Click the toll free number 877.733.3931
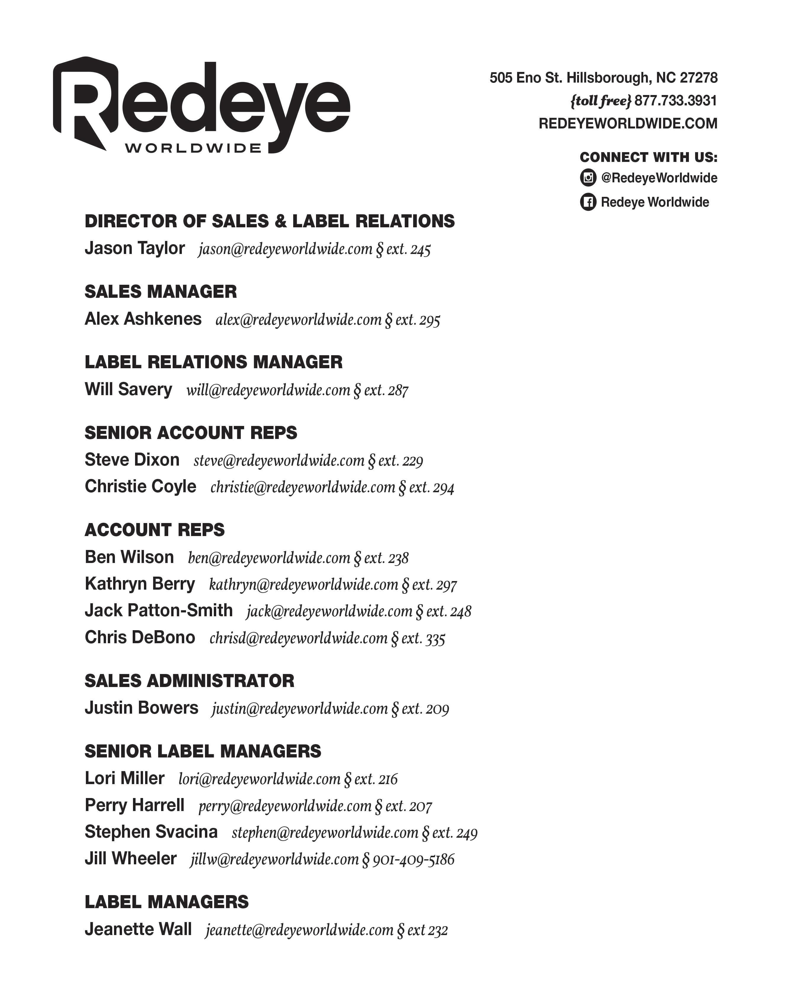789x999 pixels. pyautogui.click(x=675, y=101)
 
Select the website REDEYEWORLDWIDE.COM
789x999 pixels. pyautogui.click(x=628, y=124)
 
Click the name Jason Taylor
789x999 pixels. pyautogui.click(x=134, y=248)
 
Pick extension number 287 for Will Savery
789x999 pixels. pyautogui.click(x=398, y=390)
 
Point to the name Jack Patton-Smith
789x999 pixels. pyautogui.click(x=158, y=610)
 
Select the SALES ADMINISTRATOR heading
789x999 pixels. pyautogui.click(x=189, y=681)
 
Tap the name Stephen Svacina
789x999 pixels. pyautogui.click(x=151, y=832)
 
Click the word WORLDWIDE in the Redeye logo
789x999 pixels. pyautogui.click(x=193, y=149)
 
